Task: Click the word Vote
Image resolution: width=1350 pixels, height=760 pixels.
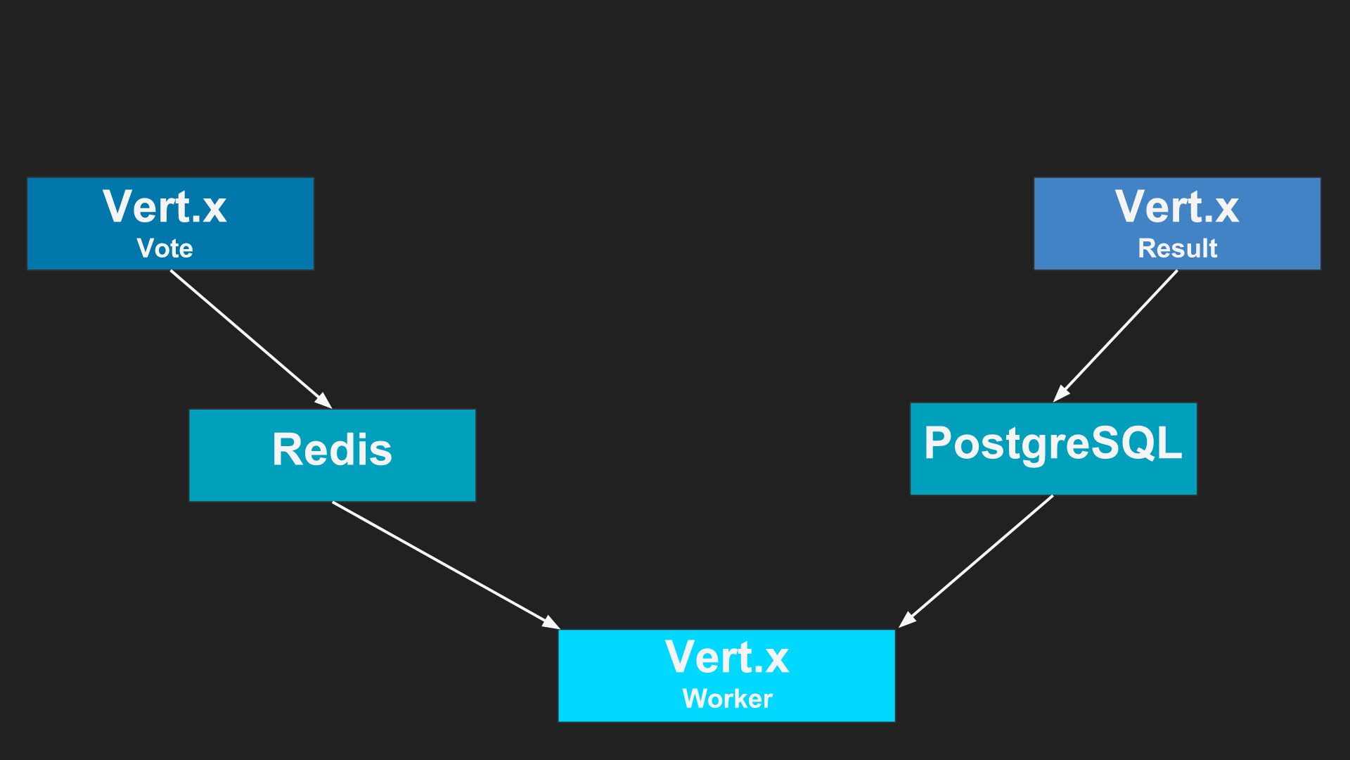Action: click(165, 248)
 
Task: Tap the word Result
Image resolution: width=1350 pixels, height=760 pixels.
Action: click(1177, 248)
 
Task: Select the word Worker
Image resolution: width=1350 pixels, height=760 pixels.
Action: click(727, 699)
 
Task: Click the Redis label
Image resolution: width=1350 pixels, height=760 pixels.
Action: click(332, 450)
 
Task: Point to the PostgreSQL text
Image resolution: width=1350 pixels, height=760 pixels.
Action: click(1053, 443)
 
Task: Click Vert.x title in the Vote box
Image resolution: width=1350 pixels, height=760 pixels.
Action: click(165, 207)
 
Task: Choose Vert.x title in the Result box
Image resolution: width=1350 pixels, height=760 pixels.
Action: click(1177, 207)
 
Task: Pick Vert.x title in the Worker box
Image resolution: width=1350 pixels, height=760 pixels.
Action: click(727, 657)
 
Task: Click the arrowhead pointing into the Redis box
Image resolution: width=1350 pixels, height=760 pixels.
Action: click(324, 401)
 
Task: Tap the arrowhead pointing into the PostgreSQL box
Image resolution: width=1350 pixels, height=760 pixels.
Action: click(1060, 395)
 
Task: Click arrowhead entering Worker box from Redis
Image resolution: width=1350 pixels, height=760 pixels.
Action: click(551, 623)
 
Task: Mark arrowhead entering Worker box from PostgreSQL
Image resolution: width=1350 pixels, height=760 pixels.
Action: click(906, 621)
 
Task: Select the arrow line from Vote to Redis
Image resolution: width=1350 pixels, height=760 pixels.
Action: click(246, 335)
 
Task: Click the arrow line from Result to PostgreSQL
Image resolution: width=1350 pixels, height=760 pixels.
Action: click(1118, 334)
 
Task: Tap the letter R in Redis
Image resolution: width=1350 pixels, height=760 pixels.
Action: click(287, 450)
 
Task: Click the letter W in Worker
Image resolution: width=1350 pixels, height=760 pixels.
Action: click(695, 699)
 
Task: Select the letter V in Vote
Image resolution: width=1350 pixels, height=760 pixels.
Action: click(145, 248)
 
